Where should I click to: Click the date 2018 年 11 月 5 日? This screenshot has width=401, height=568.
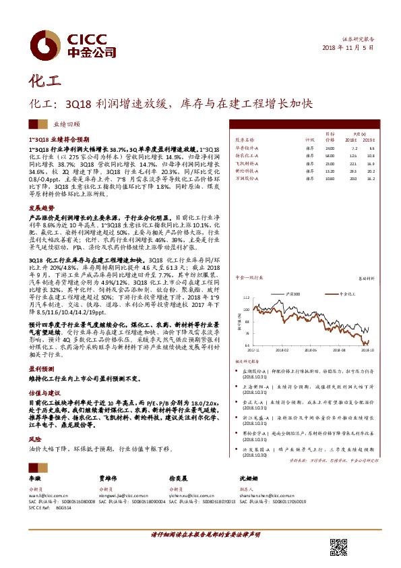coord(348,48)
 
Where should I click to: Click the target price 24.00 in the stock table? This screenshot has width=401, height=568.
coord(330,148)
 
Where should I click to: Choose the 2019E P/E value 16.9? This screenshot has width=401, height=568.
coord(371,164)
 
